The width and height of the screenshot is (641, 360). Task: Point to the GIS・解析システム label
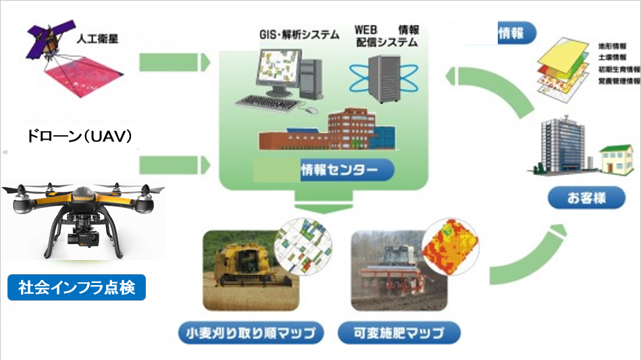299,35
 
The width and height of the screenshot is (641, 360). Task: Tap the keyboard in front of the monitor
268,103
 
